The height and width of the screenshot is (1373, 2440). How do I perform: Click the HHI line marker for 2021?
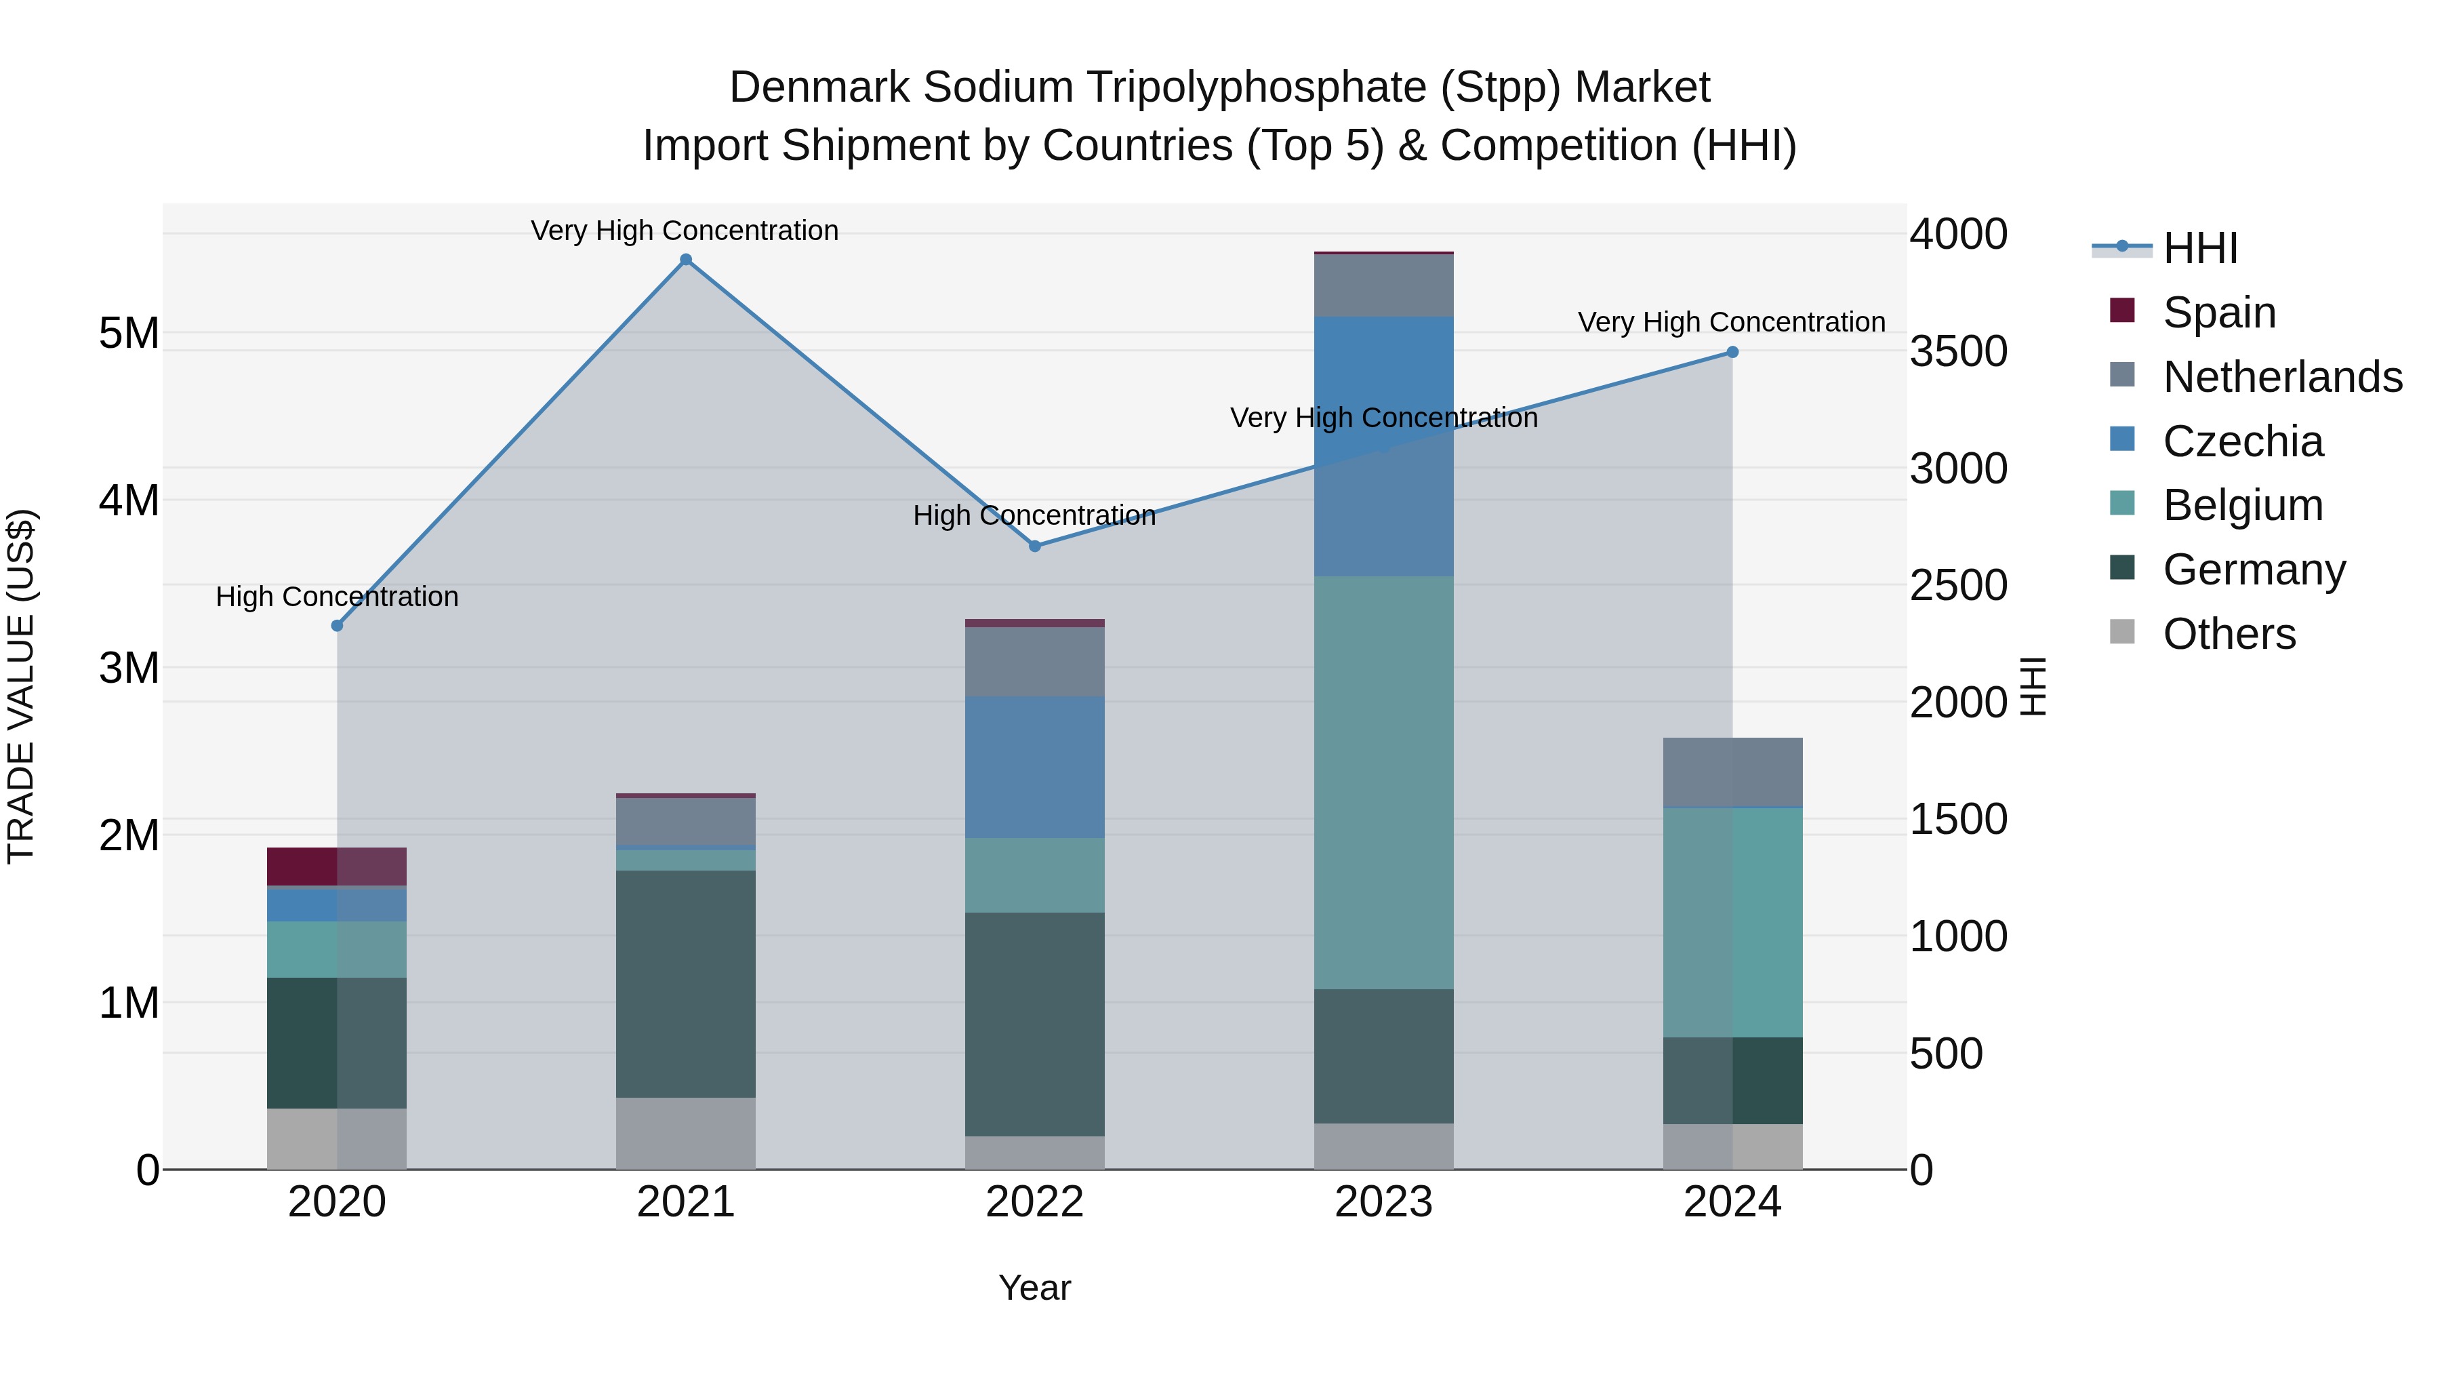tap(686, 260)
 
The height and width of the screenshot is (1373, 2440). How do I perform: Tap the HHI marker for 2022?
tap(1034, 546)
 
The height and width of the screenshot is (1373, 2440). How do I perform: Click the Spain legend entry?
tap(2218, 313)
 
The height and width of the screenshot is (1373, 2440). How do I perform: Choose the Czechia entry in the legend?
tap(2242, 441)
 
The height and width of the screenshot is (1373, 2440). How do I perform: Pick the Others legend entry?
tap(2229, 634)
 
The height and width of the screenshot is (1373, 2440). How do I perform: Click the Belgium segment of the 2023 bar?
tap(1384, 782)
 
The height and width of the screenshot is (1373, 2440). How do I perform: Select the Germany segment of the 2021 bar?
tap(686, 984)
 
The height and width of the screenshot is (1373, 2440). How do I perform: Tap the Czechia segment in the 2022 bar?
tap(1034, 767)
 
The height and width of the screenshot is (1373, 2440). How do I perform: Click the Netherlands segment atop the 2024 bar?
tap(1732, 772)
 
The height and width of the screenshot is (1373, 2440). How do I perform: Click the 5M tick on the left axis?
tap(129, 334)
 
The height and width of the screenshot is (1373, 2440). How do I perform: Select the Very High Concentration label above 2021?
tap(684, 231)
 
